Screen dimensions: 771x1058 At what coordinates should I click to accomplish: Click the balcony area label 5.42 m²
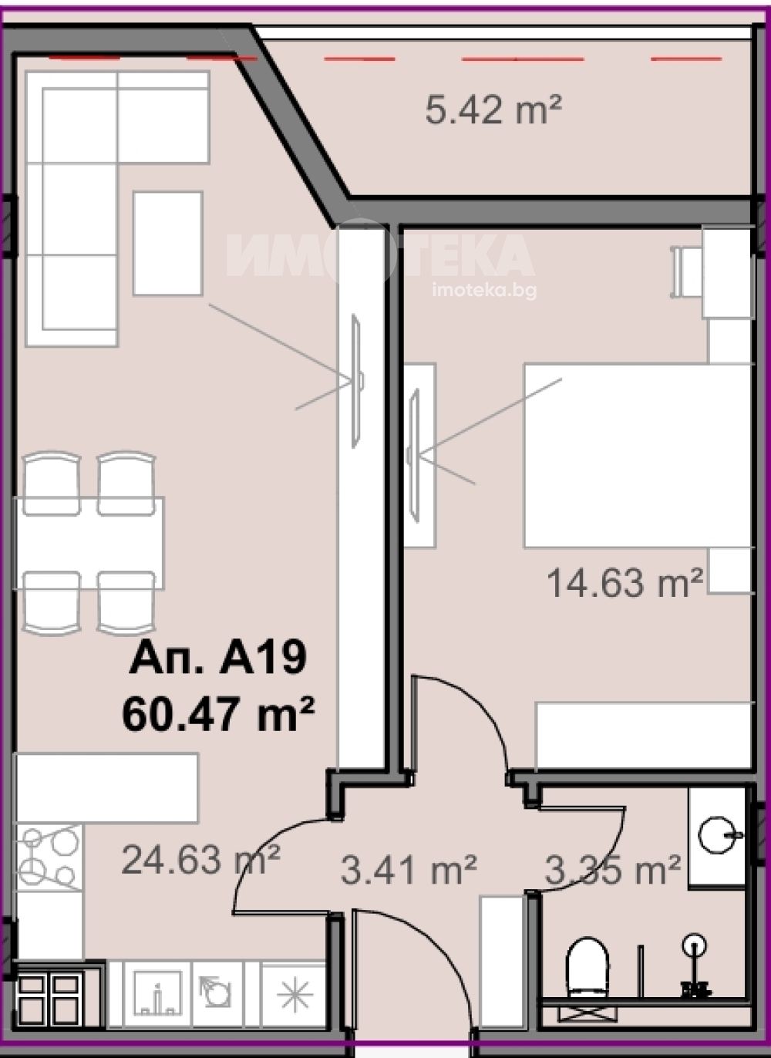coord(493,110)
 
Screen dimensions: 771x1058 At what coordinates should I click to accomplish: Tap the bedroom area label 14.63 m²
coord(625,583)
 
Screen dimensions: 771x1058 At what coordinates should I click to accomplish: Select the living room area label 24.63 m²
coord(200,860)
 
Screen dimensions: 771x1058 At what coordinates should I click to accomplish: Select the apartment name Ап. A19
coord(217,659)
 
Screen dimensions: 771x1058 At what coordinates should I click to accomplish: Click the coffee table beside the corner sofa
coord(167,243)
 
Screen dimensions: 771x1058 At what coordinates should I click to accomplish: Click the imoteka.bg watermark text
coord(484,291)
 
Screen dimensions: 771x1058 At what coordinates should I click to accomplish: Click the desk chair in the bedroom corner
coord(686,272)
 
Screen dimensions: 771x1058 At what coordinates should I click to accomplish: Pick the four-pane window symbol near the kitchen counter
coord(49,988)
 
